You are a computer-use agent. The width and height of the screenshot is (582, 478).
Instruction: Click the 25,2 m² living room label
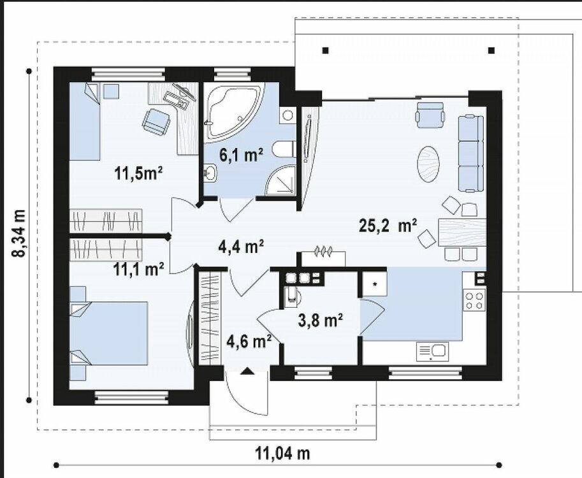pos(388,225)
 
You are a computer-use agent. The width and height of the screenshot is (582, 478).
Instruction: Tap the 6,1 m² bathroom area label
pos(241,155)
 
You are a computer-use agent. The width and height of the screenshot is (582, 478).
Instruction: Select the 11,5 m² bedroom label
pos(139,173)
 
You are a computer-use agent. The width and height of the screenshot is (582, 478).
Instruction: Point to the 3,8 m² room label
pos(320,320)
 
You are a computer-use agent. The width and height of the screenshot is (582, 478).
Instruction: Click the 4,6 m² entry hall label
pos(249,341)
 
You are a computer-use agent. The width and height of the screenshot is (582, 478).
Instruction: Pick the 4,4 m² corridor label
pos(241,245)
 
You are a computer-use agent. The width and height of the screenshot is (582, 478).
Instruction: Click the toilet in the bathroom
pos(284,149)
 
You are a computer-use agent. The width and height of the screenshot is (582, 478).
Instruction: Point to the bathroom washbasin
pos(210,173)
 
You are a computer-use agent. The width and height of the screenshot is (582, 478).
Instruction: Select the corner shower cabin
pos(280,180)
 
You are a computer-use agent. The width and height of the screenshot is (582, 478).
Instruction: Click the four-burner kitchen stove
pos(474,301)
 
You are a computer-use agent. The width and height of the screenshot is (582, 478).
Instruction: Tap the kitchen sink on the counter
pos(432,351)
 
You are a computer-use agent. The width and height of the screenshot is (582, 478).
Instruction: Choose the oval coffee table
pos(430,165)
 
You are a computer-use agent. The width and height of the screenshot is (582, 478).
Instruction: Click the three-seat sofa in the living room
pos(471,154)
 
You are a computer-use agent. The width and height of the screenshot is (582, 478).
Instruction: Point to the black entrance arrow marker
pos(247,371)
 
